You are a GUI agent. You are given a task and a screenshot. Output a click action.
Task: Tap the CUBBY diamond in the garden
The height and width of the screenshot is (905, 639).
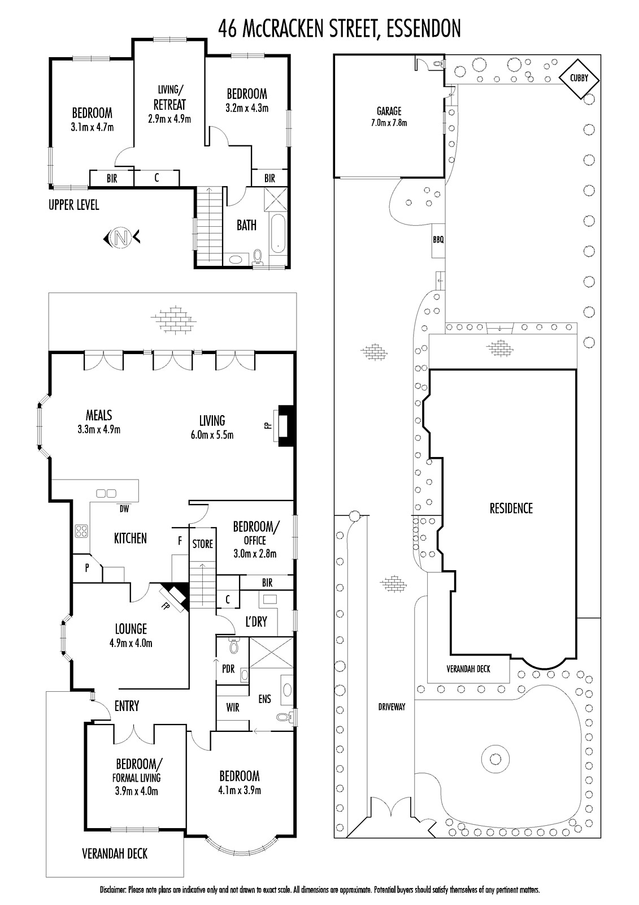point(579,79)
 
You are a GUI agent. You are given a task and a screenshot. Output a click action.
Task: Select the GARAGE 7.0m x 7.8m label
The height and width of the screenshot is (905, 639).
point(389,117)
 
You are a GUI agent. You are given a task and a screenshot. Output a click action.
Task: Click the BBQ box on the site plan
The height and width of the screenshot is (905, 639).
point(438,240)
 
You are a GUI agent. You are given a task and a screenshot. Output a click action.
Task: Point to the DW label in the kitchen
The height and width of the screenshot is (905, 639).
point(124,509)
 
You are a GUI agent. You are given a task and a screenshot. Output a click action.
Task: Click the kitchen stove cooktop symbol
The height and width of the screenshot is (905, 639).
point(81,531)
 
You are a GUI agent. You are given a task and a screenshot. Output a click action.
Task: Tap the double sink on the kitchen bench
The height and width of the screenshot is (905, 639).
point(106,493)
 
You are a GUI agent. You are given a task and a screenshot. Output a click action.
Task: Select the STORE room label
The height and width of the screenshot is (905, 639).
point(203,544)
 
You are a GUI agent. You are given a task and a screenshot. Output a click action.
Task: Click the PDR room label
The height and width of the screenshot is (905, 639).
point(228,669)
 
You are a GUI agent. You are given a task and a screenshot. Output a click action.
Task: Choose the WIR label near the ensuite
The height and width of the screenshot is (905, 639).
point(233,707)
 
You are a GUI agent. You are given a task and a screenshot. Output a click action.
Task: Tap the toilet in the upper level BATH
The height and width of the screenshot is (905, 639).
point(257,257)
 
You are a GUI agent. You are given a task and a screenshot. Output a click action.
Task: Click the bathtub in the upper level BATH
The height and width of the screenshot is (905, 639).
point(278,234)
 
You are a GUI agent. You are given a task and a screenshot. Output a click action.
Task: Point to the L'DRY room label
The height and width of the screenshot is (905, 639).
point(256,622)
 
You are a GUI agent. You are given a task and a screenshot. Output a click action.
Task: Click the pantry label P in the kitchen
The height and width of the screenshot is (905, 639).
point(87,568)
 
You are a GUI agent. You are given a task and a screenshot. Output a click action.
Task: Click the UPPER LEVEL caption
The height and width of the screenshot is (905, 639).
point(74,205)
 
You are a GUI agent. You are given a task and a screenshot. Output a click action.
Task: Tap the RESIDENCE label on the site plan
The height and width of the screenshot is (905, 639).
point(511,508)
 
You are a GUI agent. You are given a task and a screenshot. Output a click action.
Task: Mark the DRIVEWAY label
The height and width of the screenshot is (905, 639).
point(392,706)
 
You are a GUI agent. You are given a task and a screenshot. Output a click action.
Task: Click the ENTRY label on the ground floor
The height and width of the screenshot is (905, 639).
point(127,706)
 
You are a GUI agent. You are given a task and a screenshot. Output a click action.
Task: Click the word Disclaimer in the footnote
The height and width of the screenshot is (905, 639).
point(113,890)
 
